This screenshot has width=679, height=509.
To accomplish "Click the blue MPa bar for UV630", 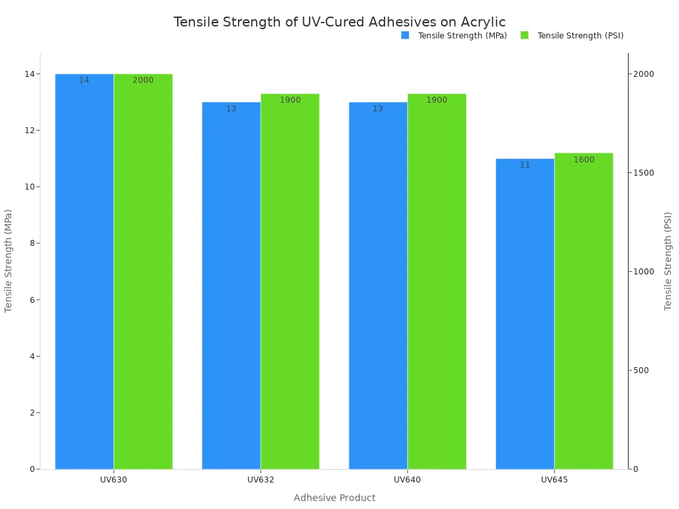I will [x=84, y=272].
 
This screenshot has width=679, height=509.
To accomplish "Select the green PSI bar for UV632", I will [x=290, y=282].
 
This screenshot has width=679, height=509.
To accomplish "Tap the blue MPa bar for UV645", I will [x=525, y=314].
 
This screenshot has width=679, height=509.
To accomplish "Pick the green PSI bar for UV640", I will [x=436, y=282].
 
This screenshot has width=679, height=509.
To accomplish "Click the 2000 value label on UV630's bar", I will [x=143, y=80].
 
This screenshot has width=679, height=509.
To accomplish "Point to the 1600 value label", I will [x=584, y=160].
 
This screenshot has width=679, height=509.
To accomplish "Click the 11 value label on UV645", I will [x=525, y=165].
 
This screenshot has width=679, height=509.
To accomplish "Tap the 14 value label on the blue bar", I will [x=84, y=80].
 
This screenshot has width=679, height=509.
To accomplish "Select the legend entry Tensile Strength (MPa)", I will [x=462, y=36].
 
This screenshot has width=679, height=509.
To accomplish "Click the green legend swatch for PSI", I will [x=525, y=35].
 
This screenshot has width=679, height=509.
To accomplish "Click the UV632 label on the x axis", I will [x=261, y=479].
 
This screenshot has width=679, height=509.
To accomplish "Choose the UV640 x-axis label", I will [x=407, y=479].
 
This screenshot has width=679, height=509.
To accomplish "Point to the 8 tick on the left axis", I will [x=31, y=243].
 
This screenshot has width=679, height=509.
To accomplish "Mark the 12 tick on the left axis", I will [x=29, y=131].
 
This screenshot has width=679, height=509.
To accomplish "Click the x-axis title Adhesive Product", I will [x=334, y=498].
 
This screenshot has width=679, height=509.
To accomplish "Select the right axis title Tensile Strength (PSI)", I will [x=668, y=261].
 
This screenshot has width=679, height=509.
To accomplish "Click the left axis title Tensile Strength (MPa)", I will [x=9, y=260].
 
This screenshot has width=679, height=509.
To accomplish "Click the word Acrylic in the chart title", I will [x=483, y=22].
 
